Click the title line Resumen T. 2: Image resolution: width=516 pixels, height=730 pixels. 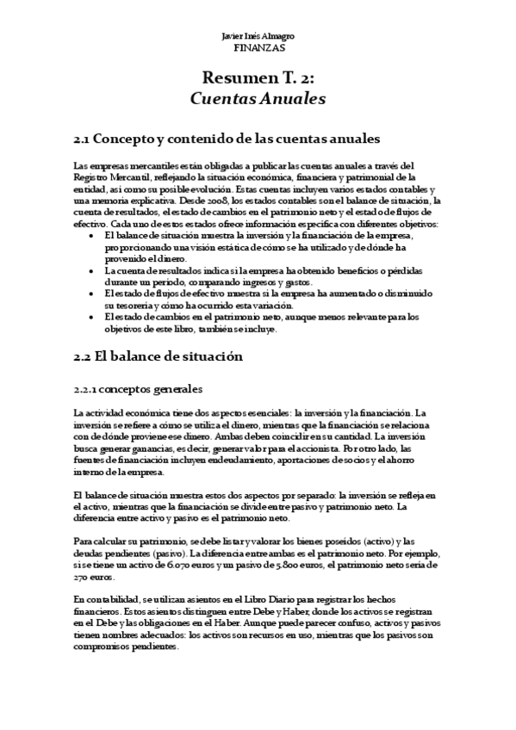[258, 79]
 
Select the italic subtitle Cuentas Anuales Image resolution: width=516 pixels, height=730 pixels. [258, 99]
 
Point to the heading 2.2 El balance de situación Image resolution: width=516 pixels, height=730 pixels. [159, 356]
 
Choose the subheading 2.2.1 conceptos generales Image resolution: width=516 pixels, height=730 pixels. [138, 388]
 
